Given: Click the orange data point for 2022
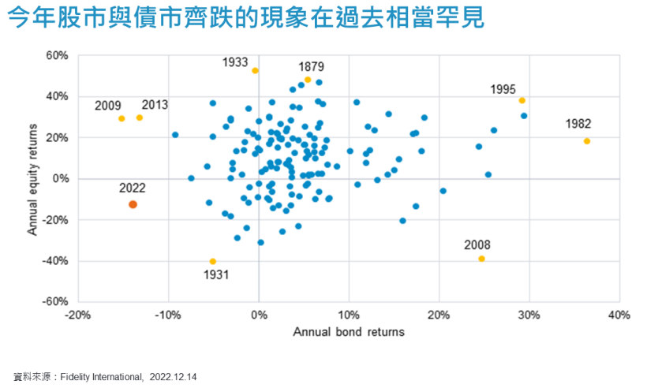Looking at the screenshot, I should pos(133,204).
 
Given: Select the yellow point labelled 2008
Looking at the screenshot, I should pos(481,259).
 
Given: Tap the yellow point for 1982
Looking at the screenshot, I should pos(587,141).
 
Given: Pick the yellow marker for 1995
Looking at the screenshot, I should pos(522,100).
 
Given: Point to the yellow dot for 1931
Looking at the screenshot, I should pos(212,261).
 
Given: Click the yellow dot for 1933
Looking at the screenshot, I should pos(255,70).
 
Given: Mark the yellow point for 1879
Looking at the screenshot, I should pos(308,80).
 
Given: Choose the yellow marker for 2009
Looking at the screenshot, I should pos(122,118).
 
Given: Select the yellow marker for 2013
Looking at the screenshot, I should pos(140,118).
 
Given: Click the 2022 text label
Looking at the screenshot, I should pos(132,188).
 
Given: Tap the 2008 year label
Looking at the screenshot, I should pos(477,244).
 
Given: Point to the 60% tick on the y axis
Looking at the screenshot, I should pos(56,56).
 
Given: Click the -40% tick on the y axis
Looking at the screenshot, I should pos(54,261).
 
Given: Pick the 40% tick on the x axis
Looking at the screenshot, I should pos(619,315).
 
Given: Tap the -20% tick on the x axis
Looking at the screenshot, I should pos(77,315).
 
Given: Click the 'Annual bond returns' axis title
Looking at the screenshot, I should pos(349,332).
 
